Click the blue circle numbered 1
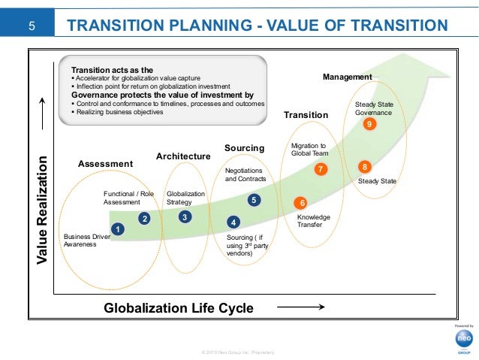click(x=117, y=228)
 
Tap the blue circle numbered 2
click(x=144, y=219)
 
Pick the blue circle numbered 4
click(x=233, y=222)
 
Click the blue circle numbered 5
click(x=255, y=200)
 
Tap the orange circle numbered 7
click(x=321, y=169)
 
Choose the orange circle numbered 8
click(x=364, y=166)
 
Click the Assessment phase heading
click(x=105, y=164)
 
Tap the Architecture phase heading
click(x=182, y=156)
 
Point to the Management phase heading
click(x=347, y=77)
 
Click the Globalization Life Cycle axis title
click(x=178, y=307)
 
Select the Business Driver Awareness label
click(x=87, y=240)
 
